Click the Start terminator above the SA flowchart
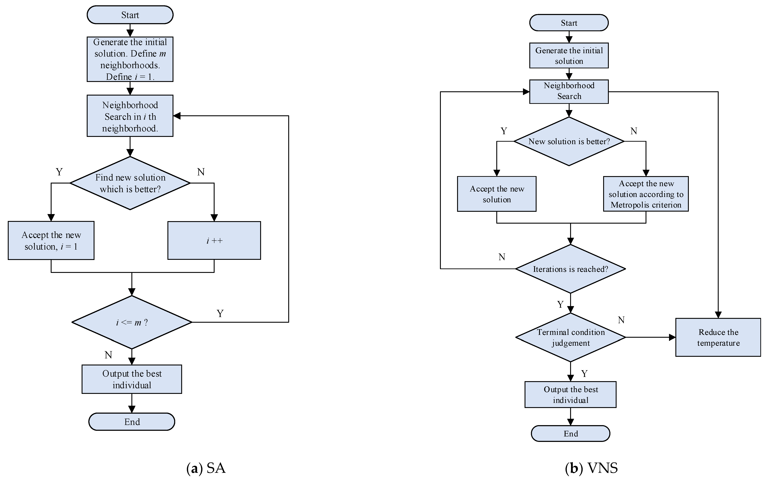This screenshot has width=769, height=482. click(x=130, y=15)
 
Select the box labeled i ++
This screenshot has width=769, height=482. click(x=214, y=240)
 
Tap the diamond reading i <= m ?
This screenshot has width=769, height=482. click(x=132, y=322)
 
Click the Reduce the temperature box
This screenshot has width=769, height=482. click(x=718, y=337)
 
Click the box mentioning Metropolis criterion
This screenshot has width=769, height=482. click(x=646, y=194)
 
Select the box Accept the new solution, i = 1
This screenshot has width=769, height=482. click(x=51, y=240)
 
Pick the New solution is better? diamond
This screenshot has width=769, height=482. click(x=569, y=141)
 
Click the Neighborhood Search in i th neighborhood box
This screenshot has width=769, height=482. click(x=130, y=116)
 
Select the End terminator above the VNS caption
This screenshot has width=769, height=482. click(x=570, y=434)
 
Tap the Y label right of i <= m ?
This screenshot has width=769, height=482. click(x=220, y=313)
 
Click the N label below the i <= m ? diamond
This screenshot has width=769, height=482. click(x=108, y=355)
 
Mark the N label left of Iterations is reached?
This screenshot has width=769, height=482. click(x=502, y=257)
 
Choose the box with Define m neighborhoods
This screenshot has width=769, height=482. click(x=130, y=59)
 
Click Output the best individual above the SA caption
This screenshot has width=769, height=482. click(x=132, y=379)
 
